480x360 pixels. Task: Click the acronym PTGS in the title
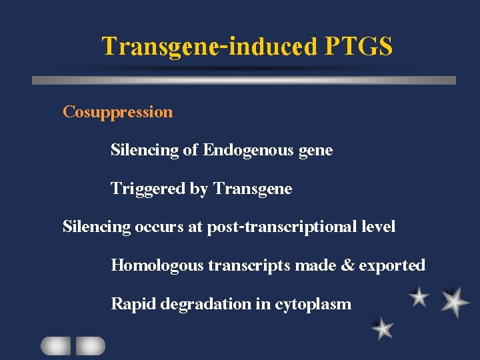359,47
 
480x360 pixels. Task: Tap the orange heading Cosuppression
117,112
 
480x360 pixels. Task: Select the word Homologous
157,266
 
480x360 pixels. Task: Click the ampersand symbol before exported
348,265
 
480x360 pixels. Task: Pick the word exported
392,266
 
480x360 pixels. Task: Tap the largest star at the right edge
455,301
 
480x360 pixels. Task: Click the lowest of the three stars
382,328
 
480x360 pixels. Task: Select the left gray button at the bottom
55,346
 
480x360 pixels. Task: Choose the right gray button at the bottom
90,346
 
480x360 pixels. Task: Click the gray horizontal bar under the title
244,80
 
